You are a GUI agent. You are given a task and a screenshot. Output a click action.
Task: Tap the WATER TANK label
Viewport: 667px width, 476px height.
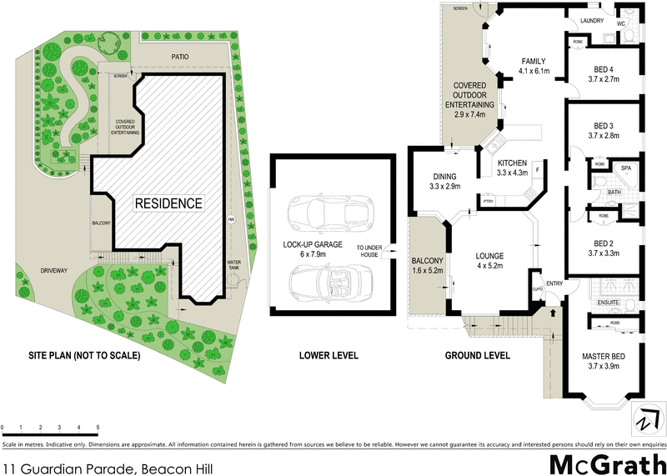234,268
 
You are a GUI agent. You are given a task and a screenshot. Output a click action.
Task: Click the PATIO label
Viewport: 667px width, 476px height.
180,58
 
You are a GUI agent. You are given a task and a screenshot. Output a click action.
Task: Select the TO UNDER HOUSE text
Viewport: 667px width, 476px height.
370,251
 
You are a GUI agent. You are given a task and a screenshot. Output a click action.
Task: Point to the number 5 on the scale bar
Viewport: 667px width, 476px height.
98,427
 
